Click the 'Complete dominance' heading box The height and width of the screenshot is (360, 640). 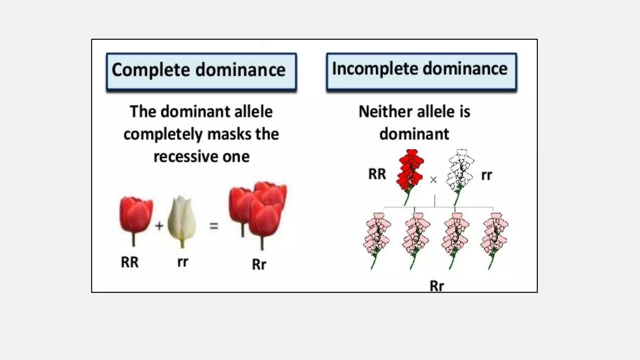coord(201,72)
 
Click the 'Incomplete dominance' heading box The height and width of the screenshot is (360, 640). coord(421,72)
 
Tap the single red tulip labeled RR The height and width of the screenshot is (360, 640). coord(136,215)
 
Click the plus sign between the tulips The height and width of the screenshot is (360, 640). coord(159,225)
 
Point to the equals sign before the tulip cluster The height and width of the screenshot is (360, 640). coord(214,226)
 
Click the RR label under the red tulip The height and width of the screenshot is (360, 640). coord(130,262)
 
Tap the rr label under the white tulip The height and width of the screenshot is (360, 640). coord(182,262)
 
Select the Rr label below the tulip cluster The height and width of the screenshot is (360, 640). coord(259,264)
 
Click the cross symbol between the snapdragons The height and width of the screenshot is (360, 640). coord(433,180)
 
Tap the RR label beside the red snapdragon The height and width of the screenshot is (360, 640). coord(377,174)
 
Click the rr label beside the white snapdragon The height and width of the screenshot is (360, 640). coord(487,175)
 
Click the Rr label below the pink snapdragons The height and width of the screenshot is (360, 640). coord(437,286)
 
